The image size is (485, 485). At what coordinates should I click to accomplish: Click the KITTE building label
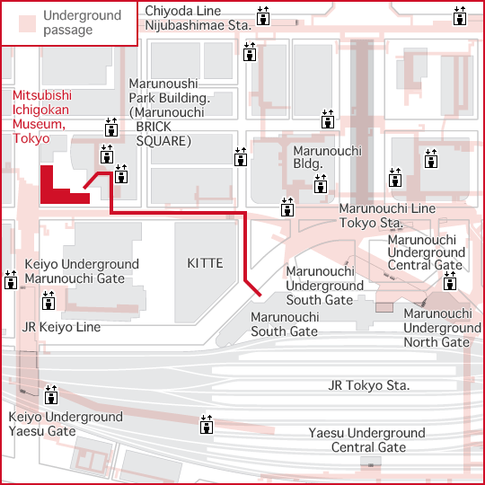(x=205, y=263)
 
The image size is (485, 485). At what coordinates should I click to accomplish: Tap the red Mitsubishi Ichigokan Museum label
(x=42, y=117)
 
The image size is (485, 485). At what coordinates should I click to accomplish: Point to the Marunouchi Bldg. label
(x=327, y=157)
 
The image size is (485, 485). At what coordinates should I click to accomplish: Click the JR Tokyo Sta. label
(x=369, y=385)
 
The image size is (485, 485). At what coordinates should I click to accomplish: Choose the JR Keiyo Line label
(x=61, y=327)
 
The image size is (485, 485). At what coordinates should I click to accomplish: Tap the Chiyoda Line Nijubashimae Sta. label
(x=198, y=18)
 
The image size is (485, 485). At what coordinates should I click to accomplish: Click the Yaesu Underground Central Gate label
(x=367, y=440)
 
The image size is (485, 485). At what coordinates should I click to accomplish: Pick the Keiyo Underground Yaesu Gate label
(x=66, y=424)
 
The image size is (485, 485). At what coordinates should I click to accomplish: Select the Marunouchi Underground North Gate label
(x=442, y=328)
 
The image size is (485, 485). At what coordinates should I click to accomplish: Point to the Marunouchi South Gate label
(x=285, y=324)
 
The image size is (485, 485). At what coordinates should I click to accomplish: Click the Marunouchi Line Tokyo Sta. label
(x=387, y=216)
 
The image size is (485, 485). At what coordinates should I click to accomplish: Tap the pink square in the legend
(x=27, y=24)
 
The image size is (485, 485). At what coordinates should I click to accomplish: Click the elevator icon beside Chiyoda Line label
(x=263, y=16)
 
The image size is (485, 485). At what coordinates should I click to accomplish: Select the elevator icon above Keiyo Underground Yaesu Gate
(x=51, y=394)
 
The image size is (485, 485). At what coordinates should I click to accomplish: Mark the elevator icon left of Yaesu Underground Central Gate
(x=207, y=424)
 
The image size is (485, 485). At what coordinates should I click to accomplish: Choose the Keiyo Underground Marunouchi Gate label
(x=82, y=271)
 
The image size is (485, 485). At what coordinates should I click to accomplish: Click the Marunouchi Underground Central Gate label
(x=427, y=252)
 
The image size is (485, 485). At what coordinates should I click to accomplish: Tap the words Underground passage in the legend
(x=82, y=22)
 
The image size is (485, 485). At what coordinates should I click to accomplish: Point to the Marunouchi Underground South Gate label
(x=324, y=286)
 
